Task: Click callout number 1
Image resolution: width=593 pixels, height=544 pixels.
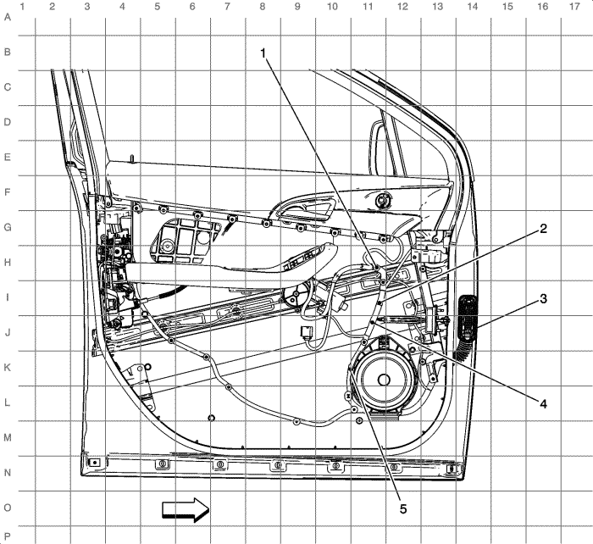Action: [x=263, y=53]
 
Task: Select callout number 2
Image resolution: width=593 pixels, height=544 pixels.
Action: [x=543, y=229]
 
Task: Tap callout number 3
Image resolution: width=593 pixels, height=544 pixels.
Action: [x=543, y=298]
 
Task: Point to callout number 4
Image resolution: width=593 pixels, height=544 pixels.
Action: [x=543, y=404]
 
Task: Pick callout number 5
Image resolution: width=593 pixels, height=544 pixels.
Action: [x=403, y=509]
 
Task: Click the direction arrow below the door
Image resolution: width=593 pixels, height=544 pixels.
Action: [x=186, y=509]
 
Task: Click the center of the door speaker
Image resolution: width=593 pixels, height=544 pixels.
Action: [x=384, y=380]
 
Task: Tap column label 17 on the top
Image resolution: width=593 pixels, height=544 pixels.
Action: [x=574, y=6]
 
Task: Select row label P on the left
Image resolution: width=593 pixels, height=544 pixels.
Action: [x=7, y=536]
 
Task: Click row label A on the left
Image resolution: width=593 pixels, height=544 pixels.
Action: [x=7, y=17]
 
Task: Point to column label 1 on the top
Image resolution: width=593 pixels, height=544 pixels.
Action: [x=22, y=7]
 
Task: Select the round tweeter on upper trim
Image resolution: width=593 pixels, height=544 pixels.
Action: [x=384, y=200]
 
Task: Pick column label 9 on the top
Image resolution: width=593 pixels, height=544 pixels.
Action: [x=297, y=6]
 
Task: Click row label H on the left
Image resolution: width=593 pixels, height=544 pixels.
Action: [x=7, y=263]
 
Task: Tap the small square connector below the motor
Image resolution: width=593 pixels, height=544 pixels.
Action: [x=307, y=332]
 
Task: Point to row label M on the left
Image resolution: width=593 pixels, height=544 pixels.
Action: [x=7, y=438]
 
